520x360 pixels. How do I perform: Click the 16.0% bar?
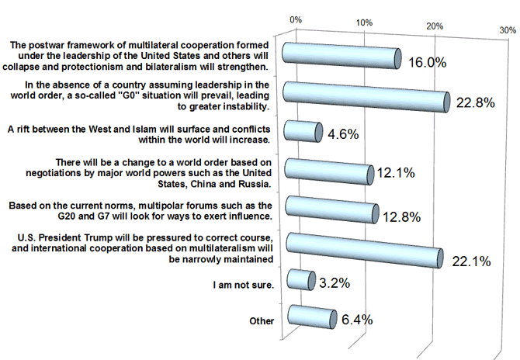pos(341,56)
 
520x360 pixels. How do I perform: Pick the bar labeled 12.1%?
pos(330,168)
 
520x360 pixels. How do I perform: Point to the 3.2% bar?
pos(300,279)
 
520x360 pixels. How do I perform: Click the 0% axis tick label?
pos(296,17)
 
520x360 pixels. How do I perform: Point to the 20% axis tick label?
pos(435,26)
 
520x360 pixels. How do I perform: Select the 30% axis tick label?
pos(508,29)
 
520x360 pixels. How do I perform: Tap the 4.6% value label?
pos(341,133)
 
